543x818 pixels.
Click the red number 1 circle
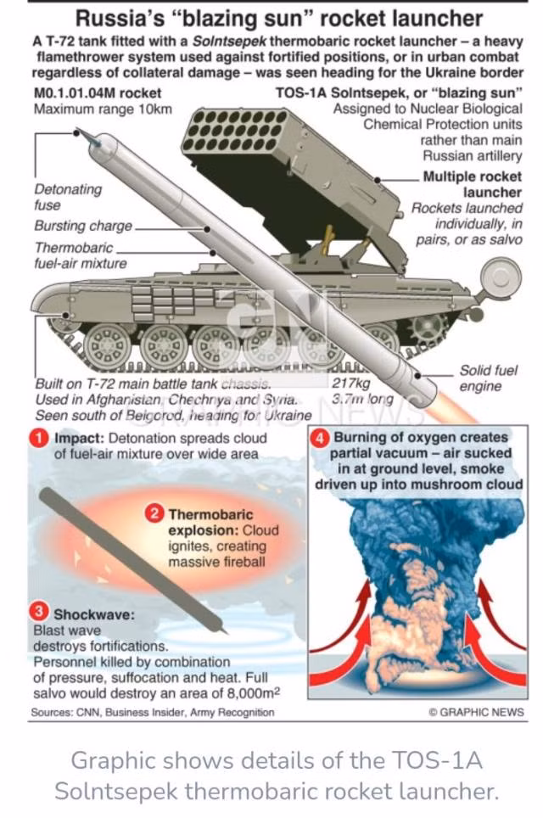(x=38, y=438)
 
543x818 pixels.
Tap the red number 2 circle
(x=154, y=514)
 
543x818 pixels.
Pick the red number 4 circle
(x=319, y=437)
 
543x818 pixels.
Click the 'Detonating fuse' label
(x=68, y=197)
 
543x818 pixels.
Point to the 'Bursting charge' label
(x=83, y=226)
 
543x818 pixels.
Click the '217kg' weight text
(x=351, y=384)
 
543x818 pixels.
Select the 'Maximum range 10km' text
(x=103, y=109)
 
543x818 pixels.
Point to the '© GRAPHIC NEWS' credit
(x=476, y=712)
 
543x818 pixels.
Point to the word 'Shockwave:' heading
(x=94, y=614)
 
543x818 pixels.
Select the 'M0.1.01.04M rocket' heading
(x=98, y=93)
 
